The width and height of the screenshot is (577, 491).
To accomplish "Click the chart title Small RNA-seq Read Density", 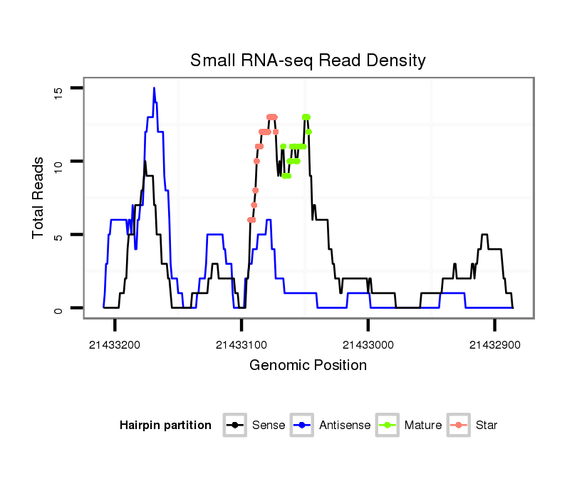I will click(308, 60).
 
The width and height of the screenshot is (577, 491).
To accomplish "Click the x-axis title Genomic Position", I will click(308, 366).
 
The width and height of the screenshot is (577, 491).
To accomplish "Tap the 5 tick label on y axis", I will click(58, 236).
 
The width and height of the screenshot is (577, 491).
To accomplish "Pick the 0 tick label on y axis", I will click(58, 309).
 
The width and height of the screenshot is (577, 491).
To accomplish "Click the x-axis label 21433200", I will click(114, 345).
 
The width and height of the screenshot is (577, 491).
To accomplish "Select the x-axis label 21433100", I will click(241, 345).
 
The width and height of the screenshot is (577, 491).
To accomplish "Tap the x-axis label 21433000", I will click(368, 345).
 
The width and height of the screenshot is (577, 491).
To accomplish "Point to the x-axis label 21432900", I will click(494, 345).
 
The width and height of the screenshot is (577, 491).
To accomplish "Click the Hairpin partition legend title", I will click(165, 426).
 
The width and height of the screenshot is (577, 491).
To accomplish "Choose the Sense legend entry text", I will click(269, 426).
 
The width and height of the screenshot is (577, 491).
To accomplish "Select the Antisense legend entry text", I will click(345, 426).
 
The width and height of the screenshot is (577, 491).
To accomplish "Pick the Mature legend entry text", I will click(423, 426).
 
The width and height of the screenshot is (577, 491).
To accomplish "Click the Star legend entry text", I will click(487, 426).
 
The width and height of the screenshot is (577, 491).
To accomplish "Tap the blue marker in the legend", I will click(303, 426).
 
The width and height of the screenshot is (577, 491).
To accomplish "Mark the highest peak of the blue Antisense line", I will click(154, 88).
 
